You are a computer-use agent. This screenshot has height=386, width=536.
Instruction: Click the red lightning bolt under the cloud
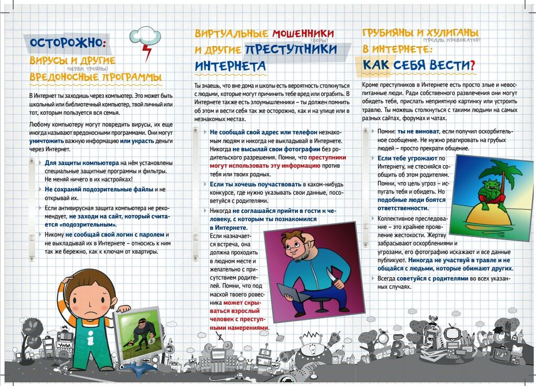pos(148,51)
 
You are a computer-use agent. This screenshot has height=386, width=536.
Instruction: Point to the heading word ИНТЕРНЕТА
pos(231,67)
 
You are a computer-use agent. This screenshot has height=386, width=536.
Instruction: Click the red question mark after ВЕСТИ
pos(472,65)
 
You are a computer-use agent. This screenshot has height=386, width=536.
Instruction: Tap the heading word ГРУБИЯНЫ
pos(394,33)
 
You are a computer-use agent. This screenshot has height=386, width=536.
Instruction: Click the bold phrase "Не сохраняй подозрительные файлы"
pos(99,189)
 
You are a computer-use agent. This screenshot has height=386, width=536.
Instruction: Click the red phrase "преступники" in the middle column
pos(327,157)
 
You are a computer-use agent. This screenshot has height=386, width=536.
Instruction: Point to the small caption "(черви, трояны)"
pos(87,69)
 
